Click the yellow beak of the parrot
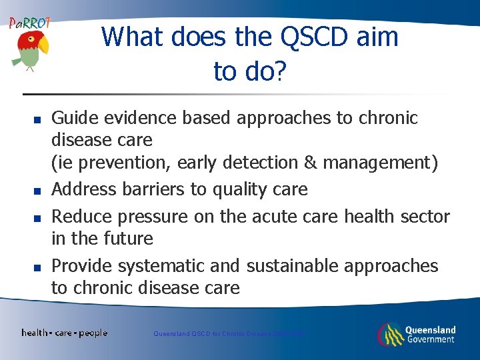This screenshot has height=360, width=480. [x=43, y=45]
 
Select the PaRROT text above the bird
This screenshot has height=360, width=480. [x=29, y=23]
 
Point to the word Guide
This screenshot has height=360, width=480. [x=73, y=118]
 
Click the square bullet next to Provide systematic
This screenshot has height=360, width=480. [x=38, y=267]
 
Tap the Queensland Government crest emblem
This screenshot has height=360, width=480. [x=390, y=334]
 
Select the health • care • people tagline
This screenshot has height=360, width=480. [x=64, y=333]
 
